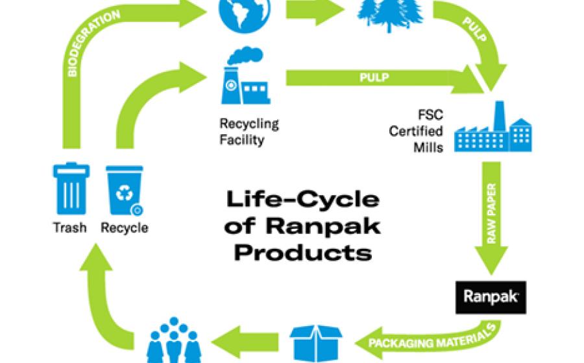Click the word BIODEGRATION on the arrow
[89, 42]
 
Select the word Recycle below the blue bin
[125, 228]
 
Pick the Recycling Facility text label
[249, 130]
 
